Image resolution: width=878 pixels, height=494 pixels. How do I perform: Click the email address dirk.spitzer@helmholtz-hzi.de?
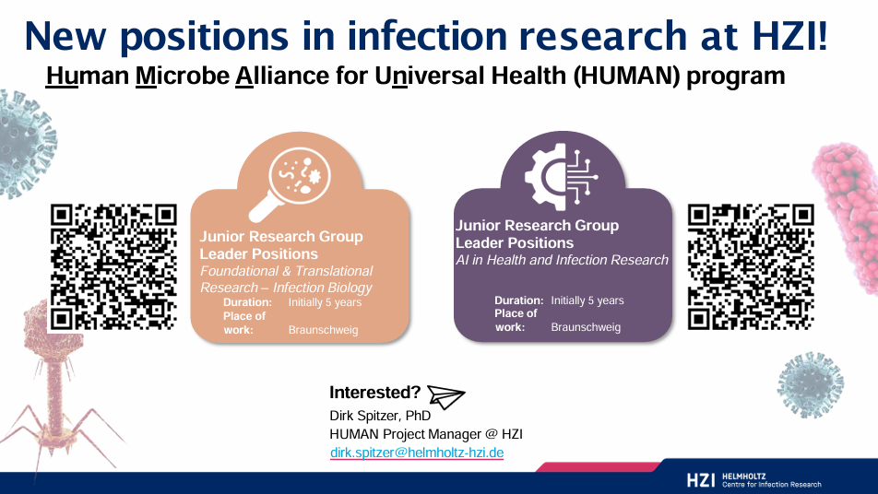417,453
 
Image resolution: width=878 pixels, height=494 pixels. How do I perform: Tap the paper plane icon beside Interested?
445,396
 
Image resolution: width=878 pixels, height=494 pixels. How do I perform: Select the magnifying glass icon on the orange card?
290,183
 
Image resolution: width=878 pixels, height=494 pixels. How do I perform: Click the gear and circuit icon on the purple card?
561,176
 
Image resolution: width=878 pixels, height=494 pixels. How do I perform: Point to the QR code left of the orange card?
113,267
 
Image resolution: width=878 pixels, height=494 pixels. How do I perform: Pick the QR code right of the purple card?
751,267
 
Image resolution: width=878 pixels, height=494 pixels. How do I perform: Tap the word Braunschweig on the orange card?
323,330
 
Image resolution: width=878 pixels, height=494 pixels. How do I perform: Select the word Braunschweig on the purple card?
586,327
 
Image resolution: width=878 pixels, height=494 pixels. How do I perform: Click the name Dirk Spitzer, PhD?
380,416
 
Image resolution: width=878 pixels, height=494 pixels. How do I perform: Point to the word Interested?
374,393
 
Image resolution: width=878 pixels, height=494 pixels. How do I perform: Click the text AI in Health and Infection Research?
563,260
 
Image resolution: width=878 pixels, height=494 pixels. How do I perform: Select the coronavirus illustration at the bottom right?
811,384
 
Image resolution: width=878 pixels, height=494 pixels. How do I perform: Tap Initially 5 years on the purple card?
587,300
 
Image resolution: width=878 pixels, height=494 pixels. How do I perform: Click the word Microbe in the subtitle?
183,76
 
